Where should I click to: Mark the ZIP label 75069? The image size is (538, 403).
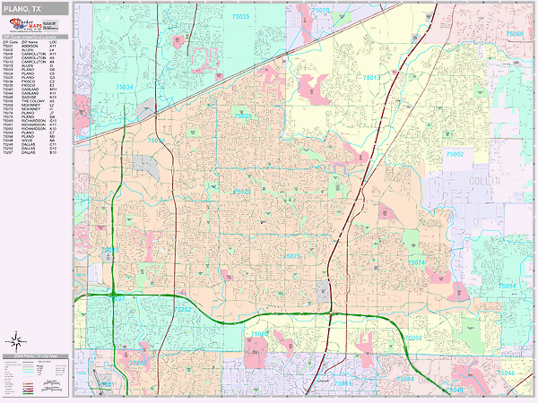tap(514, 34)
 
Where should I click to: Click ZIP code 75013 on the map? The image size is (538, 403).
tap(372, 79)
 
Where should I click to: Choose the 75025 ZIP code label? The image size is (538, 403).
tap(242, 116)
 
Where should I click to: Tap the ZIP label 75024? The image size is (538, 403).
tap(155, 141)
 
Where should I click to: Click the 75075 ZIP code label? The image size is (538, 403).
tap(292, 256)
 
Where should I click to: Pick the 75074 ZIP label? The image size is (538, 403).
tap(416, 262)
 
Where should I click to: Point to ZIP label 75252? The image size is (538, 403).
tap(183, 309)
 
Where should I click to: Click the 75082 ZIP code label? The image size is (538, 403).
tap(413, 338)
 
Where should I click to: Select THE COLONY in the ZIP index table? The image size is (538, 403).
tap(36, 103)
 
